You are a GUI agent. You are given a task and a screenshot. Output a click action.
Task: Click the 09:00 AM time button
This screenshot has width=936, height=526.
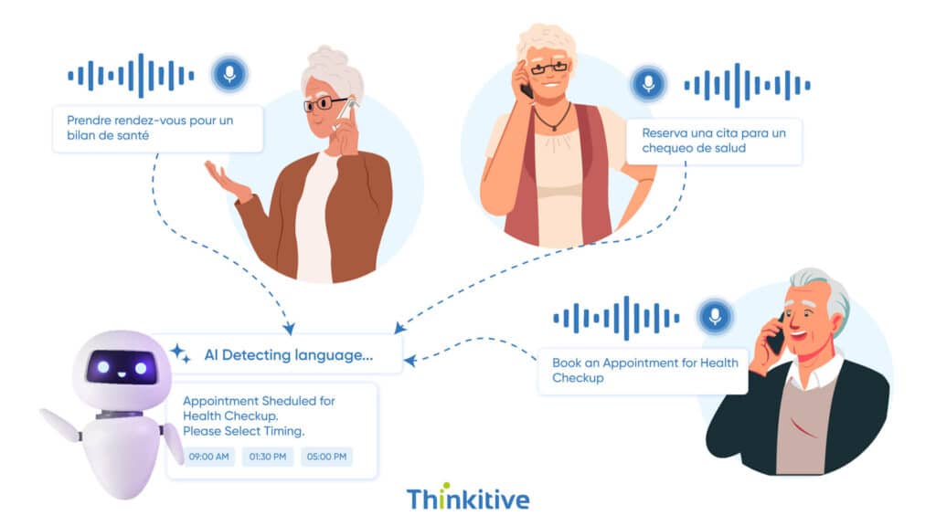point(208,457)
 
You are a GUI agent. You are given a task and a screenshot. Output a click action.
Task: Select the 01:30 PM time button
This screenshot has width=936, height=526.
point(267,457)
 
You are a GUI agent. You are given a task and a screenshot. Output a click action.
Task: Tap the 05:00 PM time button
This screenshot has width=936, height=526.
point(326,457)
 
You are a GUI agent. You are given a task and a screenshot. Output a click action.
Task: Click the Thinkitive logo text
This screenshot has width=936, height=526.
point(467,499)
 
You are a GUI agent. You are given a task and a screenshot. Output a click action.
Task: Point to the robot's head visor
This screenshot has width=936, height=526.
point(122,367)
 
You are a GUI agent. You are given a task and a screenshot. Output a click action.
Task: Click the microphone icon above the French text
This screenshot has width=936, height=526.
point(229,74)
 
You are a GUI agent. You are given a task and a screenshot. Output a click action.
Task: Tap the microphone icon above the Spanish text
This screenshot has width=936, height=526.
point(647,84)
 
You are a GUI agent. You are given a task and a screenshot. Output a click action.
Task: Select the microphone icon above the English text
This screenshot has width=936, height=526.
point(715,317)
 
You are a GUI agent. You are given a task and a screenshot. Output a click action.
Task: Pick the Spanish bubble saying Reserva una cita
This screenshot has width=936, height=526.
point(714,142)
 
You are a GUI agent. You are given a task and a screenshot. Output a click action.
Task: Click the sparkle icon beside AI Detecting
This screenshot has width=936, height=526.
point(180,353)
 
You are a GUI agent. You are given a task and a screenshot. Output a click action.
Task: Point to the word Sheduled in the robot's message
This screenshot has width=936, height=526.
point(286,401)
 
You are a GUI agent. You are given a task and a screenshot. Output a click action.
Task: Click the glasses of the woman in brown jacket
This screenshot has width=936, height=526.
point(323,103)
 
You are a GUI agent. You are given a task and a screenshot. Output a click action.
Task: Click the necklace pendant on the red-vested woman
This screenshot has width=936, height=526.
point(552,127)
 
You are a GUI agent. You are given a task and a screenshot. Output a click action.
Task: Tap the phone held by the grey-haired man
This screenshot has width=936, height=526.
point(776,337)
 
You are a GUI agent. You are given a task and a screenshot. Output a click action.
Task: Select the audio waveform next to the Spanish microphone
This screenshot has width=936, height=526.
point(746,85)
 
